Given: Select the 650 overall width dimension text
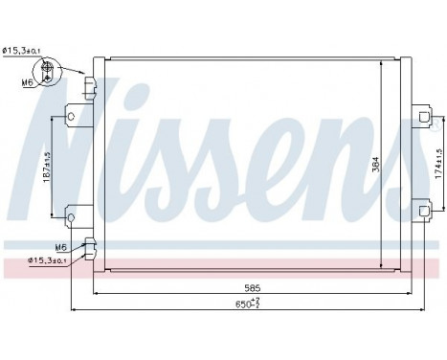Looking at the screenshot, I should click(247, 304).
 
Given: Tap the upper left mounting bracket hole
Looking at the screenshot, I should click(70, 119).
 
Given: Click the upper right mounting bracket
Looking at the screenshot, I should click(418, 119).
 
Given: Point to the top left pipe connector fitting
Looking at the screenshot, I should click(89, 89).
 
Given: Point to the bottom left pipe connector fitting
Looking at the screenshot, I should click(89, 248).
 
